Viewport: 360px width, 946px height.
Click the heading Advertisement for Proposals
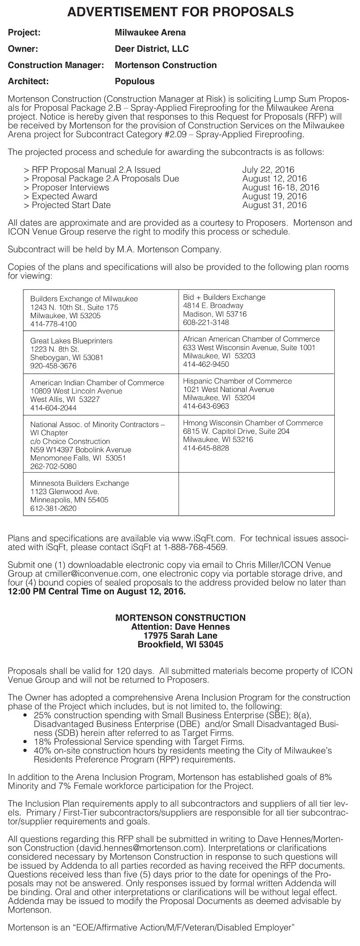click(180, 12)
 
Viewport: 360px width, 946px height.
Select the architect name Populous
click(135, 81)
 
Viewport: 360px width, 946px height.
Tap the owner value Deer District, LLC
click(152, 49)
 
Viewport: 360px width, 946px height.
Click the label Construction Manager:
click(56, 65)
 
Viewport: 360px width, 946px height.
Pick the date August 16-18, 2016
click(280, 187)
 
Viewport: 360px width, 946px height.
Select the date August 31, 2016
click(274, 205)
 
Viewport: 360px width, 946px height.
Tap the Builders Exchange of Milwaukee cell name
click(84, 299)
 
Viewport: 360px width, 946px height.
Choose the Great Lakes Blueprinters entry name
click(71, 341)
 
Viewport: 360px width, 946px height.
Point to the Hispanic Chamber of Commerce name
click(237, 381)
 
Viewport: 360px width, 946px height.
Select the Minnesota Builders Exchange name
click(79, 483)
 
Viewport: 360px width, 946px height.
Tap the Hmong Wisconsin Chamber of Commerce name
click(252, 423)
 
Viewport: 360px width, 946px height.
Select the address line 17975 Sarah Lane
click(180, 635)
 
